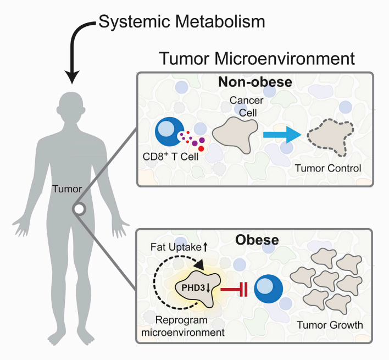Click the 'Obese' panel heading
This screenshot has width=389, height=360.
pyautogui.click(x=256, y=240)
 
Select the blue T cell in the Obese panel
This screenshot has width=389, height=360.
pyautogui.click(x=268, y=288)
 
